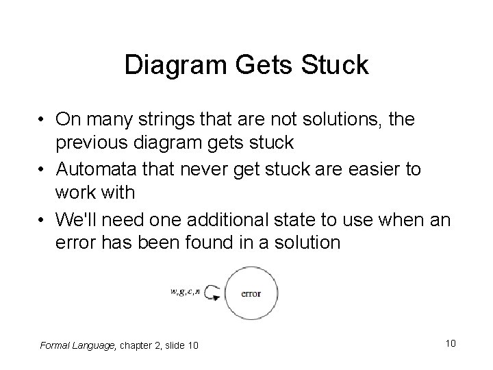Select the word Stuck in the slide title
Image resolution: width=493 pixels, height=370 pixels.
[336, 65]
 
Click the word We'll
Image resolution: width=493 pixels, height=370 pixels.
[81, 219]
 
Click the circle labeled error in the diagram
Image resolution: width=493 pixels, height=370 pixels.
[251, 293]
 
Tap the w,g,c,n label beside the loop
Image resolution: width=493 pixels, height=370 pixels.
[185, 293]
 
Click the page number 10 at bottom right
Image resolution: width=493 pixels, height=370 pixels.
[449, 343]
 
